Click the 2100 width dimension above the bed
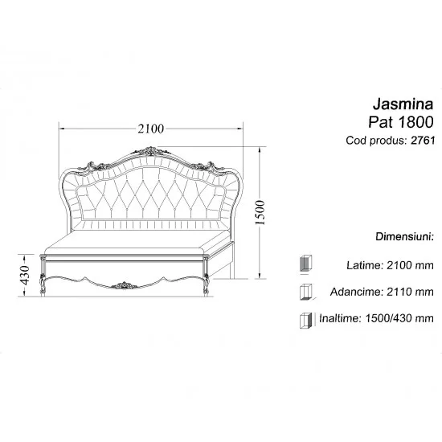coord(150,129)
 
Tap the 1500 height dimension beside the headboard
coord(260,212)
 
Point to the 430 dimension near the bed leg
coord(25,275)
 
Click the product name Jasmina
coord(403,104)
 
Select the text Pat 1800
coord(400,122)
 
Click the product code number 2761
coord(423,140)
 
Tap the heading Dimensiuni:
coord(404,236)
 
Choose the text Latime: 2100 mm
coord(390,265)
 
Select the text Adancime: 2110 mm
coord(382,292)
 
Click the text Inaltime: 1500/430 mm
coord(376,318)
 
